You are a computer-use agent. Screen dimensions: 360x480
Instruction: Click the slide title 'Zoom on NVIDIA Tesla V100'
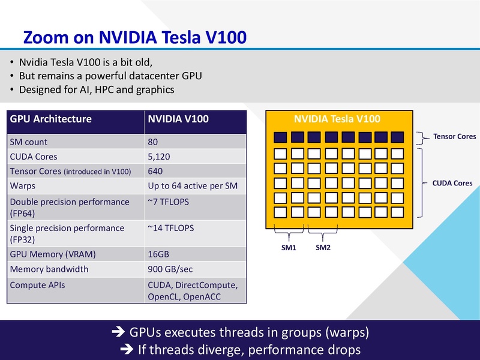point(134,37)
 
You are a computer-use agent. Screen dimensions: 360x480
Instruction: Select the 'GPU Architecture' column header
point(51,119)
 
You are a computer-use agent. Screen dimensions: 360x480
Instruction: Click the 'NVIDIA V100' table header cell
point(178,119)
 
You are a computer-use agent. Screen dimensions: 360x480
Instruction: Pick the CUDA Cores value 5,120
point(160,157)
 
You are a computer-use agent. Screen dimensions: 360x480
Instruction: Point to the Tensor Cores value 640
point(156,171)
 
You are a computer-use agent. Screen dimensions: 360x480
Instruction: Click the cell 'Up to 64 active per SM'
point(193,186)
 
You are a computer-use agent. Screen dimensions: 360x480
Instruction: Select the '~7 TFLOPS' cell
point(169,202)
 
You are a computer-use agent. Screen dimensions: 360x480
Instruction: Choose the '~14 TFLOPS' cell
point(171,228)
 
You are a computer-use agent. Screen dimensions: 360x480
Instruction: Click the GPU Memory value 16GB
point(158,254)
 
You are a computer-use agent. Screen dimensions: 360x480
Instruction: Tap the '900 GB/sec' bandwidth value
point(171,269)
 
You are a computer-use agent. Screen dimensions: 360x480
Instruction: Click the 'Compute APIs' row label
point(37,285)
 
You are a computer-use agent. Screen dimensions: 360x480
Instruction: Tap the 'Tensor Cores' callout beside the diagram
point(454,137)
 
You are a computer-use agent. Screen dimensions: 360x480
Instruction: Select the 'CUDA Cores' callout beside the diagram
point(452,183)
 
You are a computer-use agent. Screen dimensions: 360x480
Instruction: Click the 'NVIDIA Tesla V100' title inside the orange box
point(337,119)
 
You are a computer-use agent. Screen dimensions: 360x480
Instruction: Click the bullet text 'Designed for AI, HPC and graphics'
point(96,90)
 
